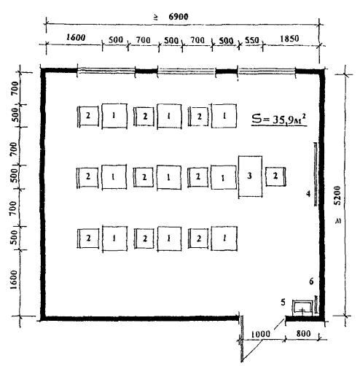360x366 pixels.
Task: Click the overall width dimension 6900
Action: pos(179,17)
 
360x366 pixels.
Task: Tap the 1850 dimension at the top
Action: pos(289,39)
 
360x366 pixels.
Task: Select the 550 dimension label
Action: pos(251,40)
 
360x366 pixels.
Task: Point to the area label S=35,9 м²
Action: pos(279,120)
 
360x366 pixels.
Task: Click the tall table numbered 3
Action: pos(250,176)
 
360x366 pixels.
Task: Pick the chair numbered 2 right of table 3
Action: pos(275,176)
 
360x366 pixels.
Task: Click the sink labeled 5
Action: pos(302,308)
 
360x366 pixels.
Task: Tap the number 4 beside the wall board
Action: pos(308,194)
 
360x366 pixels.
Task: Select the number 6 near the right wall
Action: pos(311,281)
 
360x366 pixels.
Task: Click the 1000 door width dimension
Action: pos(260,334)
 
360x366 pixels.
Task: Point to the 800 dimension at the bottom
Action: pos(303,334)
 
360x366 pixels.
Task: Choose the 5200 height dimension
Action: pos(337,195)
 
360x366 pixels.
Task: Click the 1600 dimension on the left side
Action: pos(14,279)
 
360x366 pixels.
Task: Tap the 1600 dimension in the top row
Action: pos(76,37)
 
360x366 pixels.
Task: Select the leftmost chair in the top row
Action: pos(87,116)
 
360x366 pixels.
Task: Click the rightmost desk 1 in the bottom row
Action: pos(224,238)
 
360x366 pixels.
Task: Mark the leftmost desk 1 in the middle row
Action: pos(114,177)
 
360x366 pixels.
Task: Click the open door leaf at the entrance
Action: pos(241,339)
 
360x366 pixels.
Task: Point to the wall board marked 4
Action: pos(316,174)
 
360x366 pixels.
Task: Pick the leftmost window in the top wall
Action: pos(106,71)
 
